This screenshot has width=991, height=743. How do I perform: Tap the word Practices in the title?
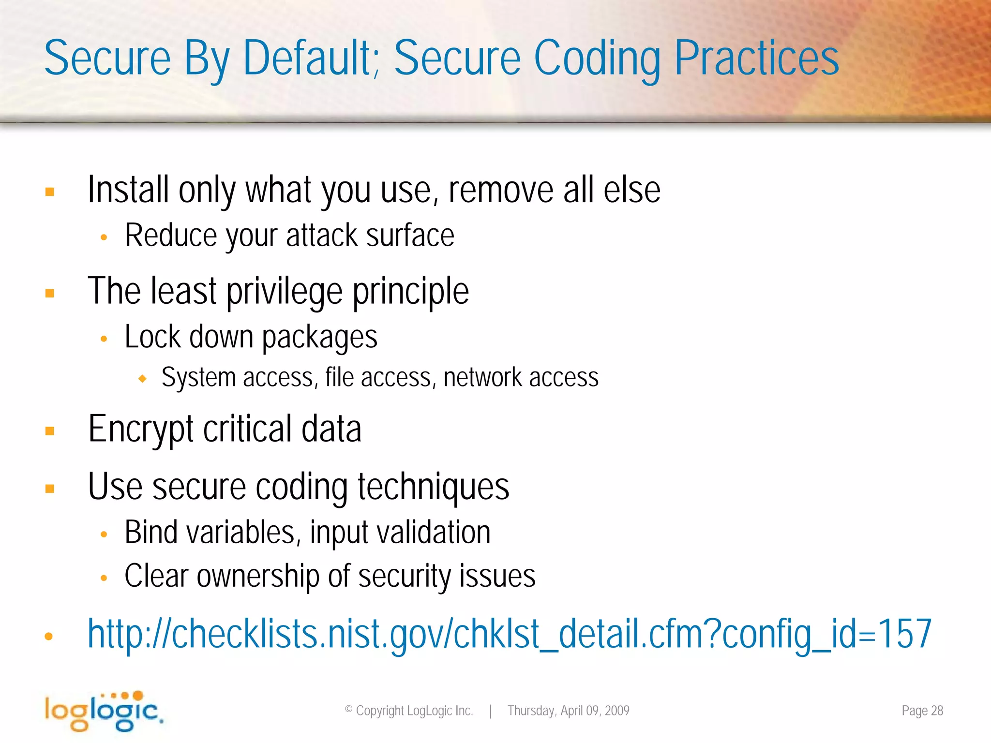click(x=756, y=58)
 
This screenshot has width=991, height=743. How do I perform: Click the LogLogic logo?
click(x=103, y=711)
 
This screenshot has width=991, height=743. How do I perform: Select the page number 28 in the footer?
click(x=937, y=711)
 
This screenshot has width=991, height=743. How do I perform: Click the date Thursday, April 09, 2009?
click(x=568, y=711)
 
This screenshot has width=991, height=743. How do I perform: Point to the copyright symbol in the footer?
click(x=348, y=710)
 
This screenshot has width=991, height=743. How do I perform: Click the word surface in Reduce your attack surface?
click(x=410, y=236)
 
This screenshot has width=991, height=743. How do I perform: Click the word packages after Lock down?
click(x=319, y=337)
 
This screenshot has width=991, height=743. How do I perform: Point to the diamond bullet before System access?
click(x=142, y=379)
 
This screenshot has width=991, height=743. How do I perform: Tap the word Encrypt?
click(x=141, y=429)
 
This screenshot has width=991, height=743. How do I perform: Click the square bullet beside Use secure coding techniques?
click(x=49, y=489)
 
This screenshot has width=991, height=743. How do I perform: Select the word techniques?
click(x=433, y=487)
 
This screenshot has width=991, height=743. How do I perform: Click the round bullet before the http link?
click(x=48, y=637)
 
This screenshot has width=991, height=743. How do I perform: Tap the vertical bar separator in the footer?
click(x=490, y=711)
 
